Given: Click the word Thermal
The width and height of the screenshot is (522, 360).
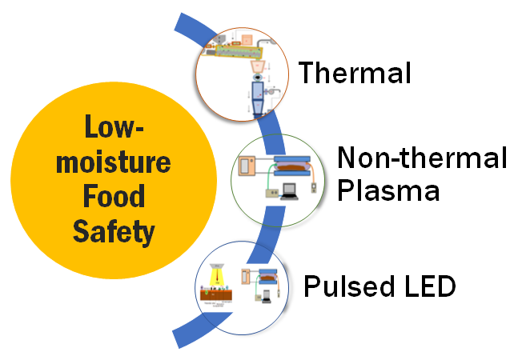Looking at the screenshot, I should [x=355, y=73].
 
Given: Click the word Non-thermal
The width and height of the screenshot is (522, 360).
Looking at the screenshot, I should [x=421, y=158].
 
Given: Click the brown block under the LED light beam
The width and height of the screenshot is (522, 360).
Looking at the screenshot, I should [x=217, y=302].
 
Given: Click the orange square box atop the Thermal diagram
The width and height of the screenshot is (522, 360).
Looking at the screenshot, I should [x=246, y=38].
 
